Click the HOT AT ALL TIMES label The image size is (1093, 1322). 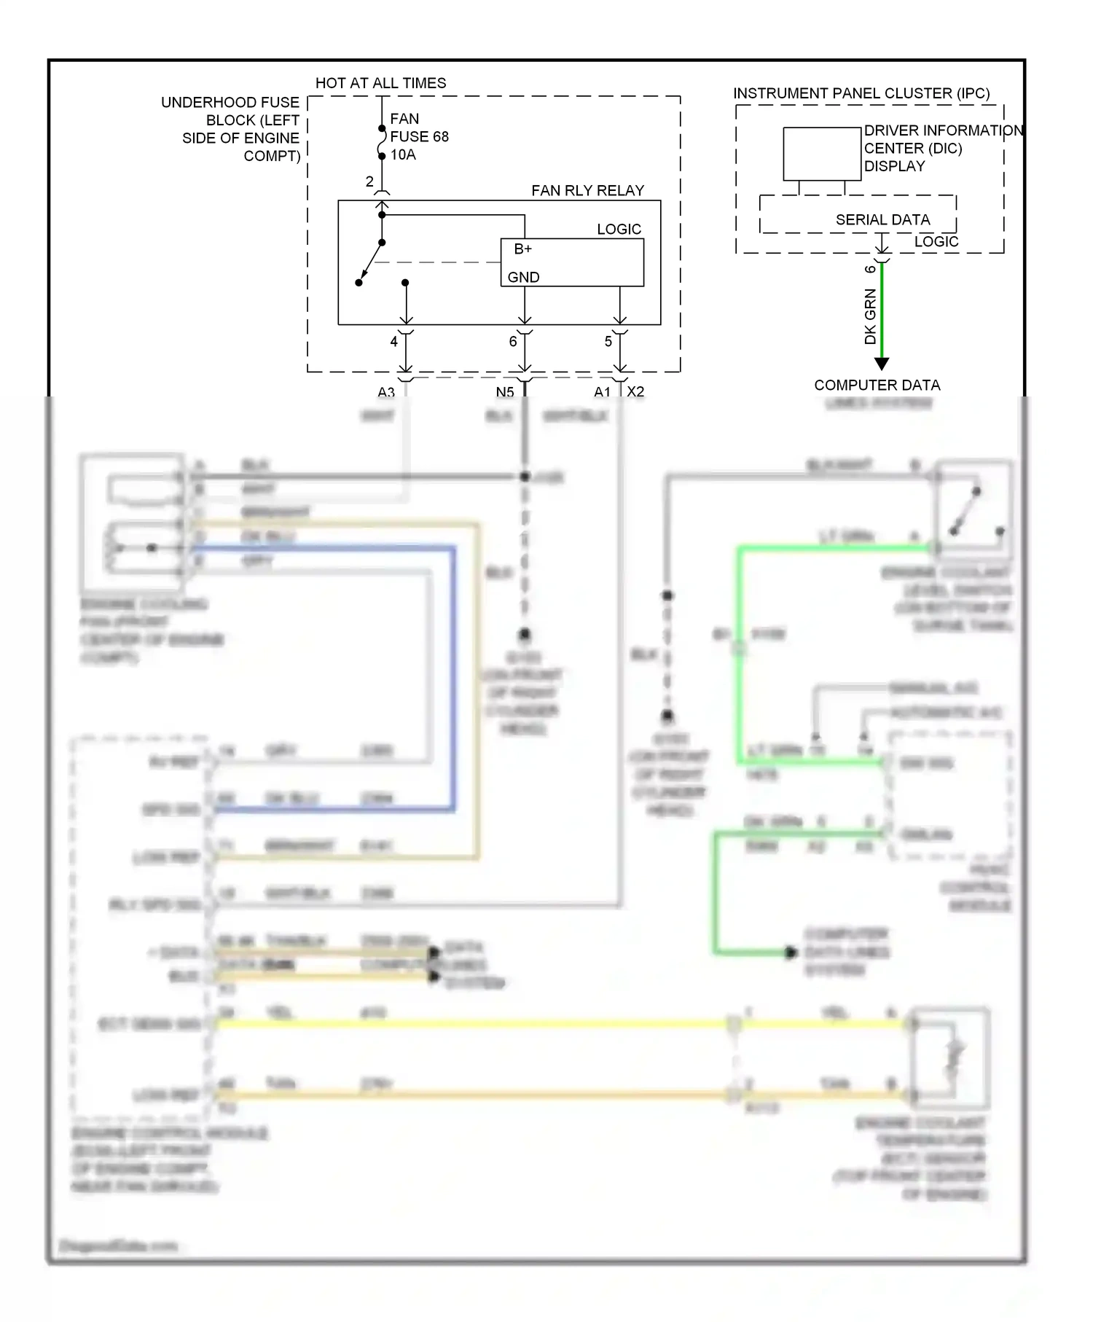tap(380, 83)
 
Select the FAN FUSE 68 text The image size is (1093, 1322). tap(419, 128)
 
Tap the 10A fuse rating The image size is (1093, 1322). tap(403, 155)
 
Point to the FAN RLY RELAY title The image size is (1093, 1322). tap(587, 190)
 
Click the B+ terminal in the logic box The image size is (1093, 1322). tap(522, 249)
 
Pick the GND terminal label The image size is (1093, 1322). tap(523, 277)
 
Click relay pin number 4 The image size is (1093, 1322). tap(393, 341)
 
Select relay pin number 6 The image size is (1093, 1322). tap(513, 341)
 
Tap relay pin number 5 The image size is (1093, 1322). tap(608, 341)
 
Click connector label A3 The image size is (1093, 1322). tap(385, 392)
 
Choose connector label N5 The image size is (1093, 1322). tap(505, 392)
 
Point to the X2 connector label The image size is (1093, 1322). tap(635, 391)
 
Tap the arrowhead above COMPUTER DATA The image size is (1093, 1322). tap(882, 364)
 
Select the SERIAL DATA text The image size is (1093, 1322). tap(882, 219)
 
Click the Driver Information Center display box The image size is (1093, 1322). tap(822, 154)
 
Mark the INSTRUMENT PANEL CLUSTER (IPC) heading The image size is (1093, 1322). tap(861, 93)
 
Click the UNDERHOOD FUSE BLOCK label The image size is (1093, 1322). tap(240, 128)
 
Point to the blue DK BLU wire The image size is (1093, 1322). tap(453, 678)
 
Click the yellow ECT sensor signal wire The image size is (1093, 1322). tap(474, 1023)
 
